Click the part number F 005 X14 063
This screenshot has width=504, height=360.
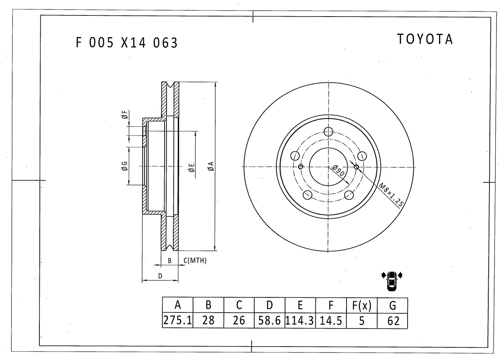click(x=127, y=43)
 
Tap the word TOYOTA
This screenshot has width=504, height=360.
click(x=425, y=39)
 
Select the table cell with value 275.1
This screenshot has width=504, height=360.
click(x=178, y=320)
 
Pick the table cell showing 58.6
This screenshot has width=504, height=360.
click(x=270, y=320)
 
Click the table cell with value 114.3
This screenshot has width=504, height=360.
click(x=300, y=320)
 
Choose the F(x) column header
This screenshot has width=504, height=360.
click(x=361, y=305)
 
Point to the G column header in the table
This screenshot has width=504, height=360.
click(x=393, y=305)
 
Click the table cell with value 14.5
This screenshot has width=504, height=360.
click(x=331, y=320)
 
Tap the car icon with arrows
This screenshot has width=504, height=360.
click(x=392, y=281)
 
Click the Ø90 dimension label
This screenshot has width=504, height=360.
click(x=338, y=170)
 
